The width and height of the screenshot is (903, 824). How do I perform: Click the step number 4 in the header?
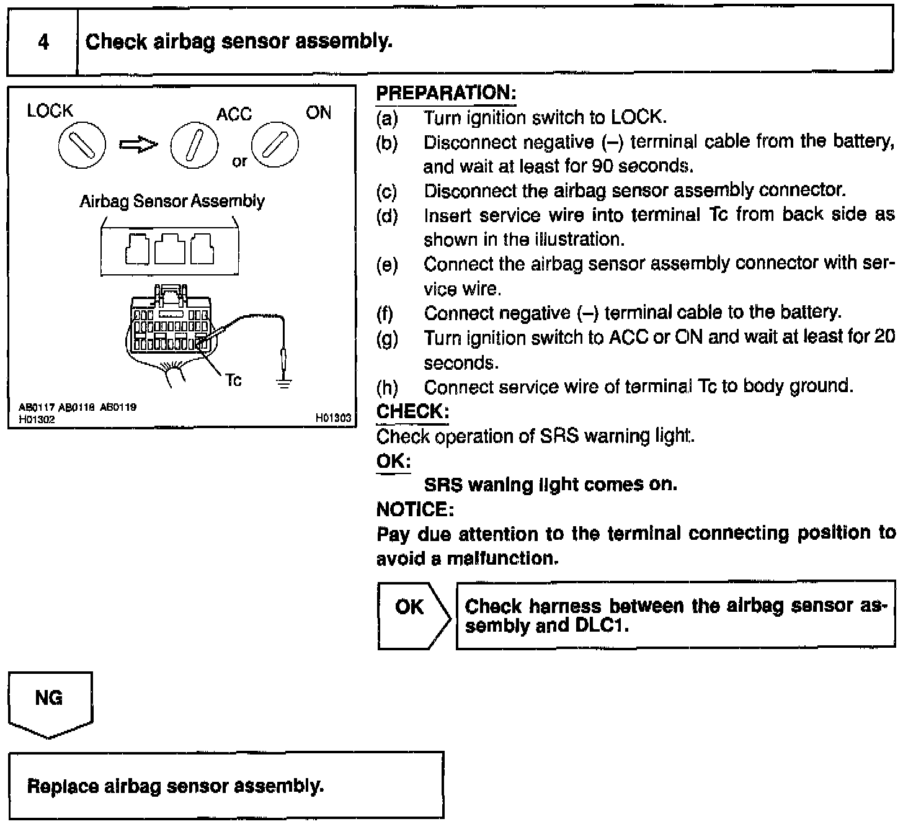click(x=43, y=42)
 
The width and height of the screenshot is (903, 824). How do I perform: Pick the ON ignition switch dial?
click(x=275, y=145)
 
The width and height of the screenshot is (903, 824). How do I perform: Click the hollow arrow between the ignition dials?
click(x=138, y=145)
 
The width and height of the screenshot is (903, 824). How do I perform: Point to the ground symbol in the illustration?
click(x=283, y=382)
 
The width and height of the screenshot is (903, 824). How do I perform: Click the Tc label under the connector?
click(x=233, y=380)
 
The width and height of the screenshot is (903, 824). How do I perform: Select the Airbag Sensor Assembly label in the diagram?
click(x=172, y=202)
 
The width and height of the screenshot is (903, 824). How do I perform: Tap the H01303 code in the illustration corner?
click(x=333, y=419)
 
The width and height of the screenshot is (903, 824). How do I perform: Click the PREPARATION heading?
click(x=446, y=93)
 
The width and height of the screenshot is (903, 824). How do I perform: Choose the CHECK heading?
click(x=412, y=411)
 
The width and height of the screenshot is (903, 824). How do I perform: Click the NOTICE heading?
click(x=415, y=510)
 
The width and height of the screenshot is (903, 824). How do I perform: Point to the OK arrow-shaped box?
click(x=412, y=614)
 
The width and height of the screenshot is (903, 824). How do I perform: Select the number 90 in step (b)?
click(x=602, y=166)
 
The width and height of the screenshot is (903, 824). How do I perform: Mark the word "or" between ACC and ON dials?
click(x=239, y=162)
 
